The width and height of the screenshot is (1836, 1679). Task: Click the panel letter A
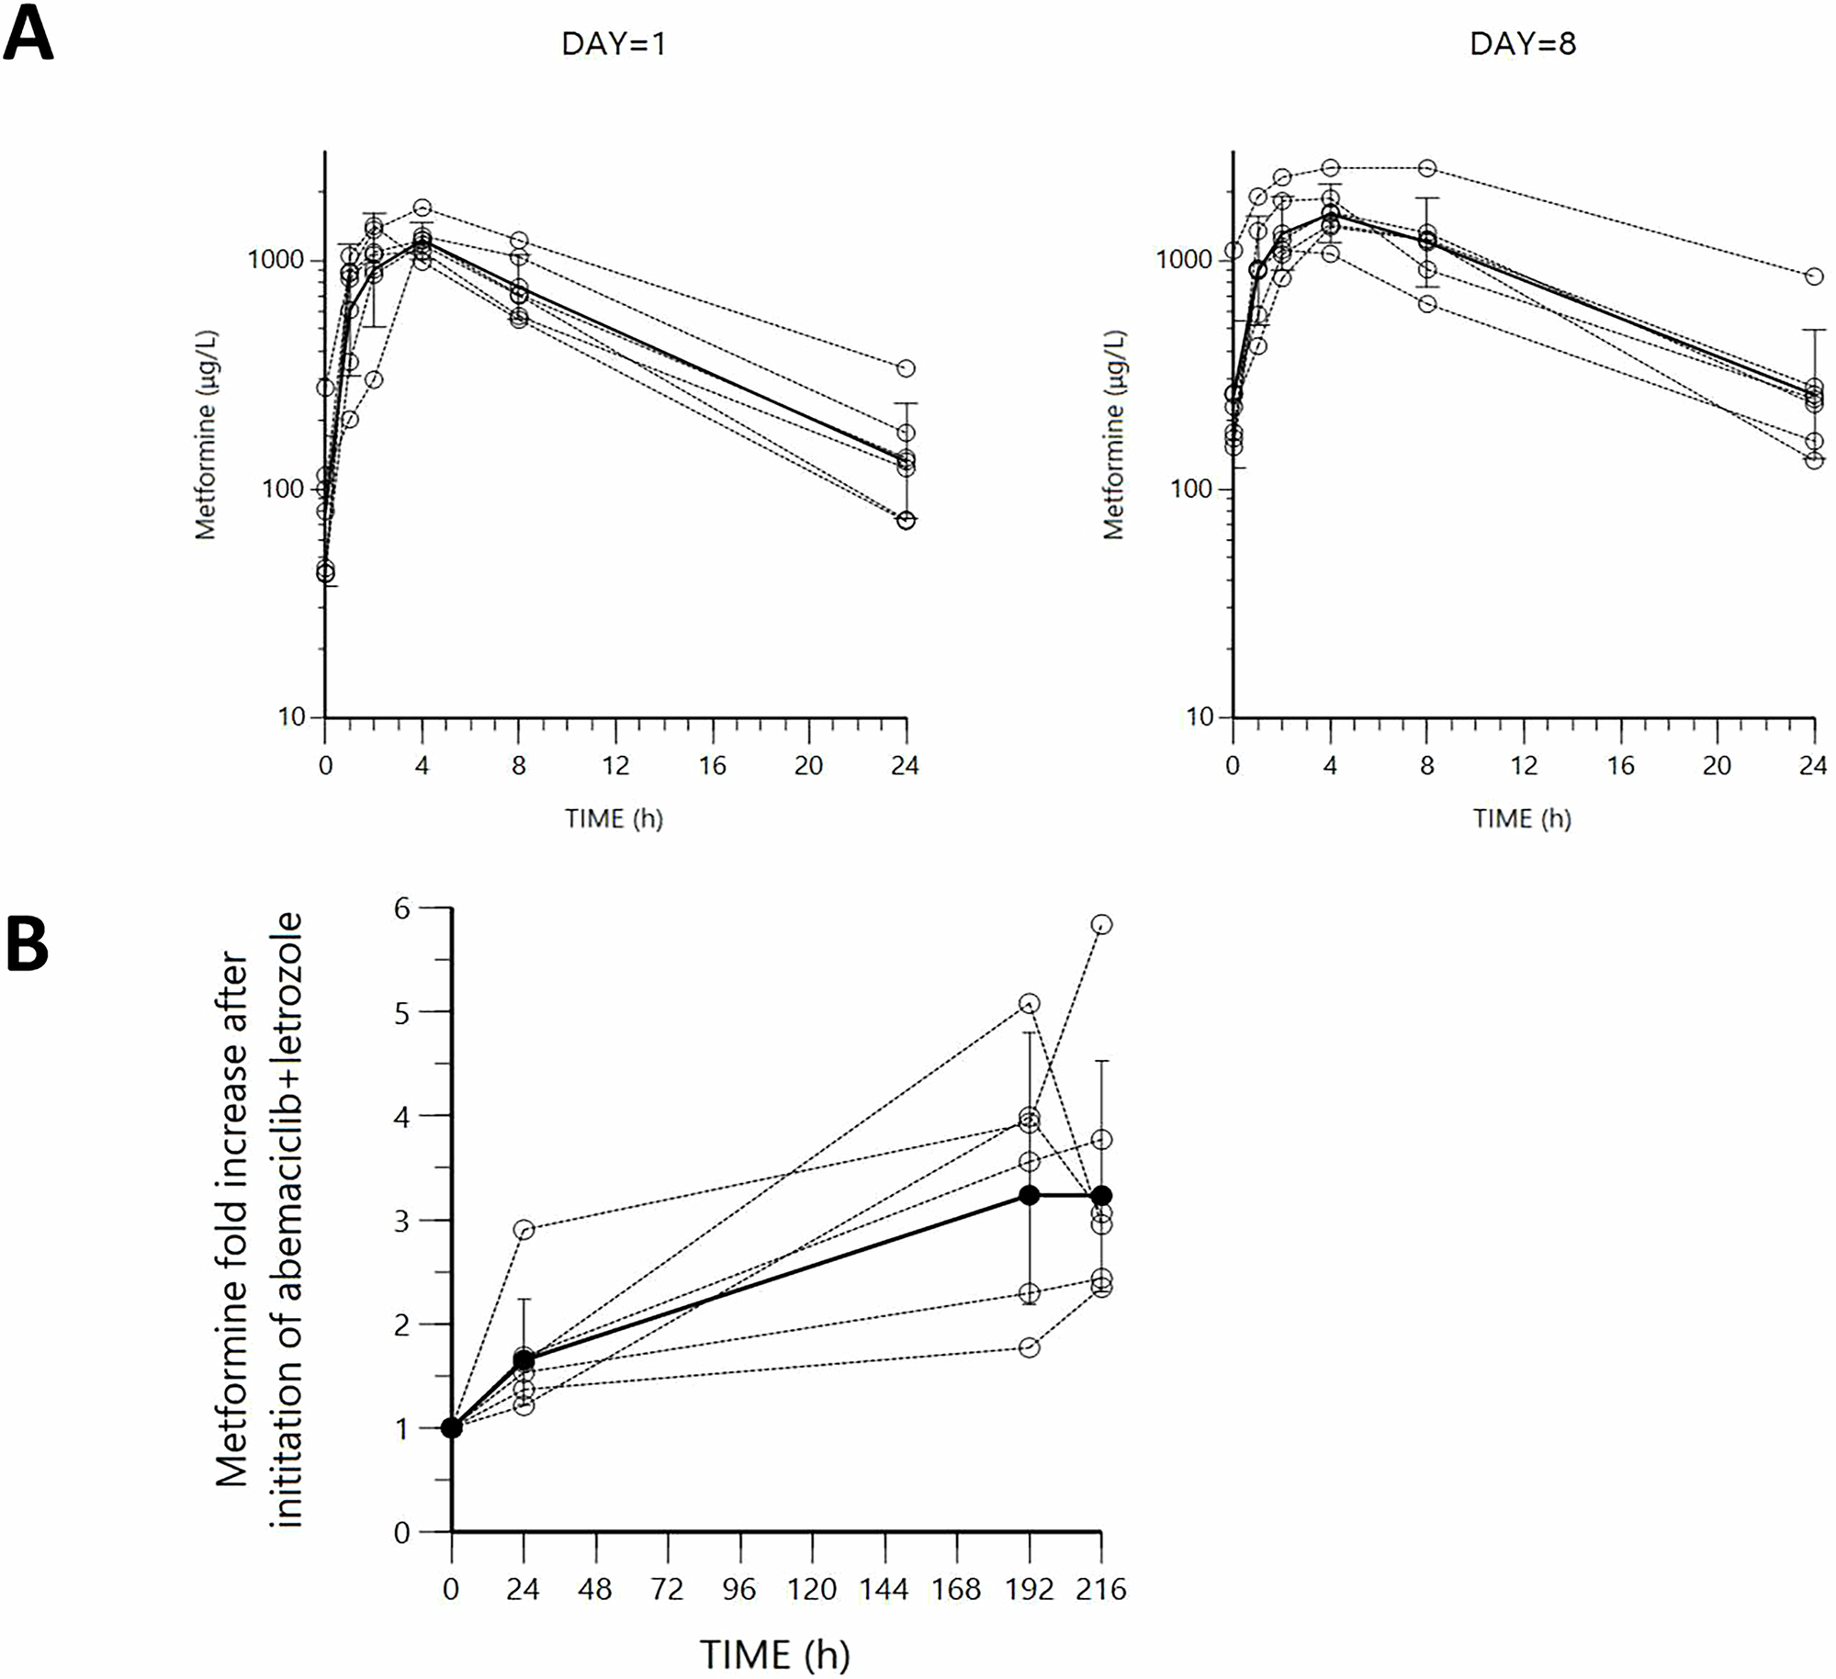pyautogui.click(x=28, y=33)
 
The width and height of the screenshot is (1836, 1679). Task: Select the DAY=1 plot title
pyautogui.click(x=614, y=44)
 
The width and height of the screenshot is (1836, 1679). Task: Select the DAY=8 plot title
pyautogui.click(x=1523, y=44)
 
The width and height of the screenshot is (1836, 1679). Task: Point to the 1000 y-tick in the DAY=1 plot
pyautogui.click(x=276, y=260)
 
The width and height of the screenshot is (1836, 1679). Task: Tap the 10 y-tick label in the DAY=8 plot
pyautogui.click(x=1200, y=717)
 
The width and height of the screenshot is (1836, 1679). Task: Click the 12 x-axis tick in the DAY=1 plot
pyautogui.click(x=615, y=765)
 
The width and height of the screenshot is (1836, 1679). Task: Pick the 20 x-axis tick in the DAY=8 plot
pyautogui.click(x=1717, y=765)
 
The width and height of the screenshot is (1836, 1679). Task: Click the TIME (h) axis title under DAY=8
pyautogui.click(x=1522, y=817)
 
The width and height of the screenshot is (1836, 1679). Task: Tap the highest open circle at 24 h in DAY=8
pyautogui.click(x=1814, y=276)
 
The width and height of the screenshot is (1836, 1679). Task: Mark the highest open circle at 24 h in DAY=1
pyautogui.click(x=906, y=368)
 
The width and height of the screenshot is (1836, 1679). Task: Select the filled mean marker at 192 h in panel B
pyautogui.click(x=1030, y=1195)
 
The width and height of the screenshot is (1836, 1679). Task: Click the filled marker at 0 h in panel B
pyautogui.click(x=451, y=1427)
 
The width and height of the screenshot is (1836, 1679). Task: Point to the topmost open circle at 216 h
pyautogui.click(x=1102, y=924)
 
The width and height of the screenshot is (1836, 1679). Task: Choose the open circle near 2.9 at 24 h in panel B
pyautogui.click(x=524, y=1230)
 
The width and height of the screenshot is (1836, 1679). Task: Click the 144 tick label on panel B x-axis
pyautogui.click(x=884, y=1588)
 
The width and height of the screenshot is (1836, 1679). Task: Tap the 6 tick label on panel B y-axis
pyautogui.click(x=402, y=907)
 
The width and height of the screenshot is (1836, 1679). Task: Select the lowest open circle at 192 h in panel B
pyautogui.click(x=1030, y=1347)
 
